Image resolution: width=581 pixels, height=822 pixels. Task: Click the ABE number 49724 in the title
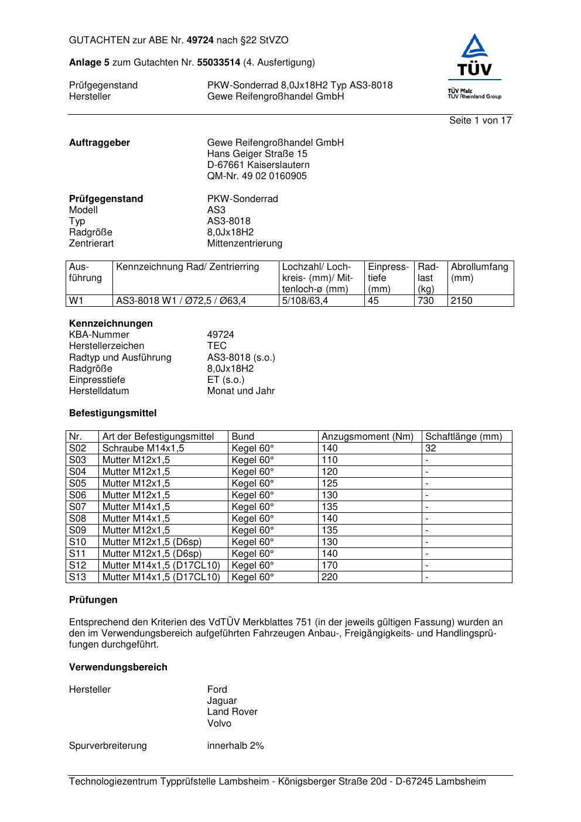click(200, 40)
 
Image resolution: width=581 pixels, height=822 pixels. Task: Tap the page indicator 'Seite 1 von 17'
click(480, 120)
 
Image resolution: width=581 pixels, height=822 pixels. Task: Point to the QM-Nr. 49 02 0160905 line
click(257, 176)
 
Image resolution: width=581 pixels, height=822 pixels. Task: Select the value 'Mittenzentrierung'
click(244, 244)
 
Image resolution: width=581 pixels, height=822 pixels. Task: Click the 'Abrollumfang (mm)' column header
click(480, 272)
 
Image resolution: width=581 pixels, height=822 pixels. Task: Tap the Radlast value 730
click(426, 301)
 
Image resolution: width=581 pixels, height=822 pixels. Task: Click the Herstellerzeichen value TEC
click(217, 346)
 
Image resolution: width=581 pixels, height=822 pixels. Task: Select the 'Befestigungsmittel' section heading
click(112, 413)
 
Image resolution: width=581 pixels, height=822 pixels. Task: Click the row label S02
click(77, 448)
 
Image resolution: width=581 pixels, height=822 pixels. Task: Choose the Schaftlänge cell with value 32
click(430, 448)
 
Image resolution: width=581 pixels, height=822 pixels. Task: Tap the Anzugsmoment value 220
click(330, 577)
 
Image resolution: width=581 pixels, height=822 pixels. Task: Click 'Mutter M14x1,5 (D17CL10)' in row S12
click(161, 566)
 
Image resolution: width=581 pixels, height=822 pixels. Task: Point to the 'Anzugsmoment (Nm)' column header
click(367, 437)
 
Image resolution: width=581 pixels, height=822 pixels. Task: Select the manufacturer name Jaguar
click(222, 701)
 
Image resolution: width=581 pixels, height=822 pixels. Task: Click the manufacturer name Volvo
click(219, 724)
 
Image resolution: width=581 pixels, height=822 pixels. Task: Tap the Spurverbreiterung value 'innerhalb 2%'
click(235, 746)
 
